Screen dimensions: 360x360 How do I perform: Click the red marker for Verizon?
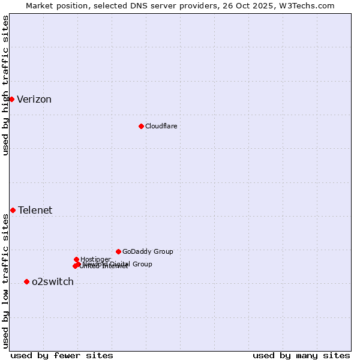[11, 99]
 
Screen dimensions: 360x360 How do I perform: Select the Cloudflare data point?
[141, 126]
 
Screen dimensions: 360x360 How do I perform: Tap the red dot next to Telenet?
[13, 210]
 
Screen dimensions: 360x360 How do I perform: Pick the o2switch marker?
[26, 281]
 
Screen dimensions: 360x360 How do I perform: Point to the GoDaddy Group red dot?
[118, 251]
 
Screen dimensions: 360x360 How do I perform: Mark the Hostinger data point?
[76, 259]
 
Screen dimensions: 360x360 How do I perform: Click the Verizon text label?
[34, 100]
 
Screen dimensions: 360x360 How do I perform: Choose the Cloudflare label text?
[161, 126]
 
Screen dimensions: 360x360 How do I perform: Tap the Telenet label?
[35, 210]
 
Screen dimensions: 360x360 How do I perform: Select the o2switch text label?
[52, 282]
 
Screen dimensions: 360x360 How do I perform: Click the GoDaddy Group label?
[148, 251]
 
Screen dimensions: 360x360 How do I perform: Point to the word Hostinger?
[95, 259]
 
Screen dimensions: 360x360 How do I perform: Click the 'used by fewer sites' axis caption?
[62, 355]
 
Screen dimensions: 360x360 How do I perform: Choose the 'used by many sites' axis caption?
[301, 355]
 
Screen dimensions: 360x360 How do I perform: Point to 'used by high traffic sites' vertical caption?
[5, 85]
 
